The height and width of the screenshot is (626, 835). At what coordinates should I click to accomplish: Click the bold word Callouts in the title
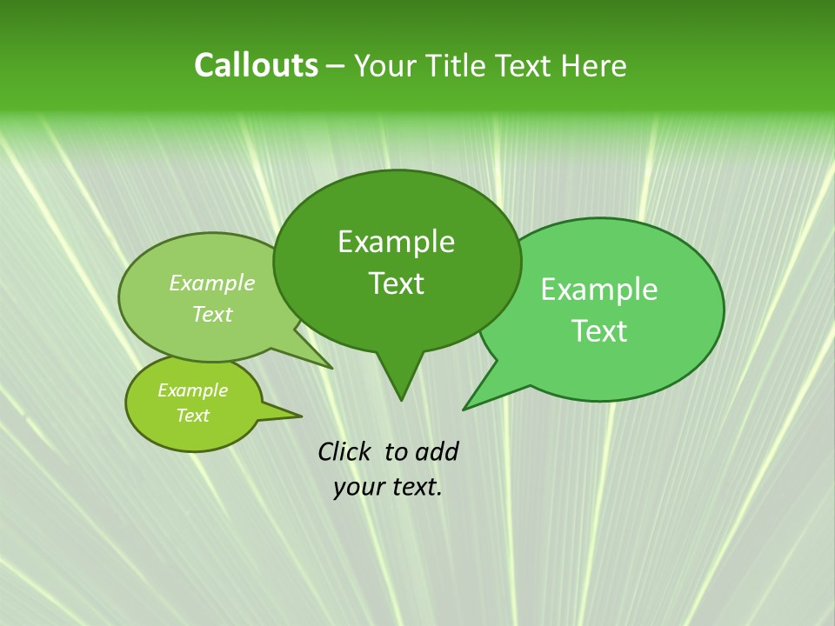[x=256, y=65]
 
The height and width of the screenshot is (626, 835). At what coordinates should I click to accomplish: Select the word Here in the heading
[x=594, y=65]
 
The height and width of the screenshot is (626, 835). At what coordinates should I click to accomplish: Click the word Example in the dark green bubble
[x=396, y=242]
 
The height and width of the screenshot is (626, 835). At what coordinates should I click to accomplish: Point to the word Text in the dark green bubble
[x=396, y=283]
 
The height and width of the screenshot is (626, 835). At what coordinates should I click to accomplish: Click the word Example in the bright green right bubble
[x=599, y=290]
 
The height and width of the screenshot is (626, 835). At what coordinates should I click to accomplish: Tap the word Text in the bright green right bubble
[x=599, y=331]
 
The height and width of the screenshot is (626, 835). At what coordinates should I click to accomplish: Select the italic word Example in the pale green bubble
[x=212, y=283]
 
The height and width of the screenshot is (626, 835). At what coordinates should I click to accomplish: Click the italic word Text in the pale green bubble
[x=212, y=314]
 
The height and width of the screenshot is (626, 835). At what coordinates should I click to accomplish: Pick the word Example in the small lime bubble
[x=192, y=390]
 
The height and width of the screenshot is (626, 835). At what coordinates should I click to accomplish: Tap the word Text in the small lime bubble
[x=192, y=416]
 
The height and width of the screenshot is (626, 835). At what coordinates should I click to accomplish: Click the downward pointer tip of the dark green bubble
[x=401, y=399]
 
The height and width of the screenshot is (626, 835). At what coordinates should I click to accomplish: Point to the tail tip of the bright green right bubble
[x=464, y=409]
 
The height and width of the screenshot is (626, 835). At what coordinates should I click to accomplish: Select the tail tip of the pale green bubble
[x=331, y=367]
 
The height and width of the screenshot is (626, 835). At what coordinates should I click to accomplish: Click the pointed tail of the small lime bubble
[x=300, y=415]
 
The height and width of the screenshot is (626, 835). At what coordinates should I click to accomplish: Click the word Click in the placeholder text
[x=345, y=451]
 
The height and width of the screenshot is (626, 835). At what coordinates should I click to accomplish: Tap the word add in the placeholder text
[x=437, y=451]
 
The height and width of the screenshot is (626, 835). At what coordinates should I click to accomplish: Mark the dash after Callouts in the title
[x=336, y=66]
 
